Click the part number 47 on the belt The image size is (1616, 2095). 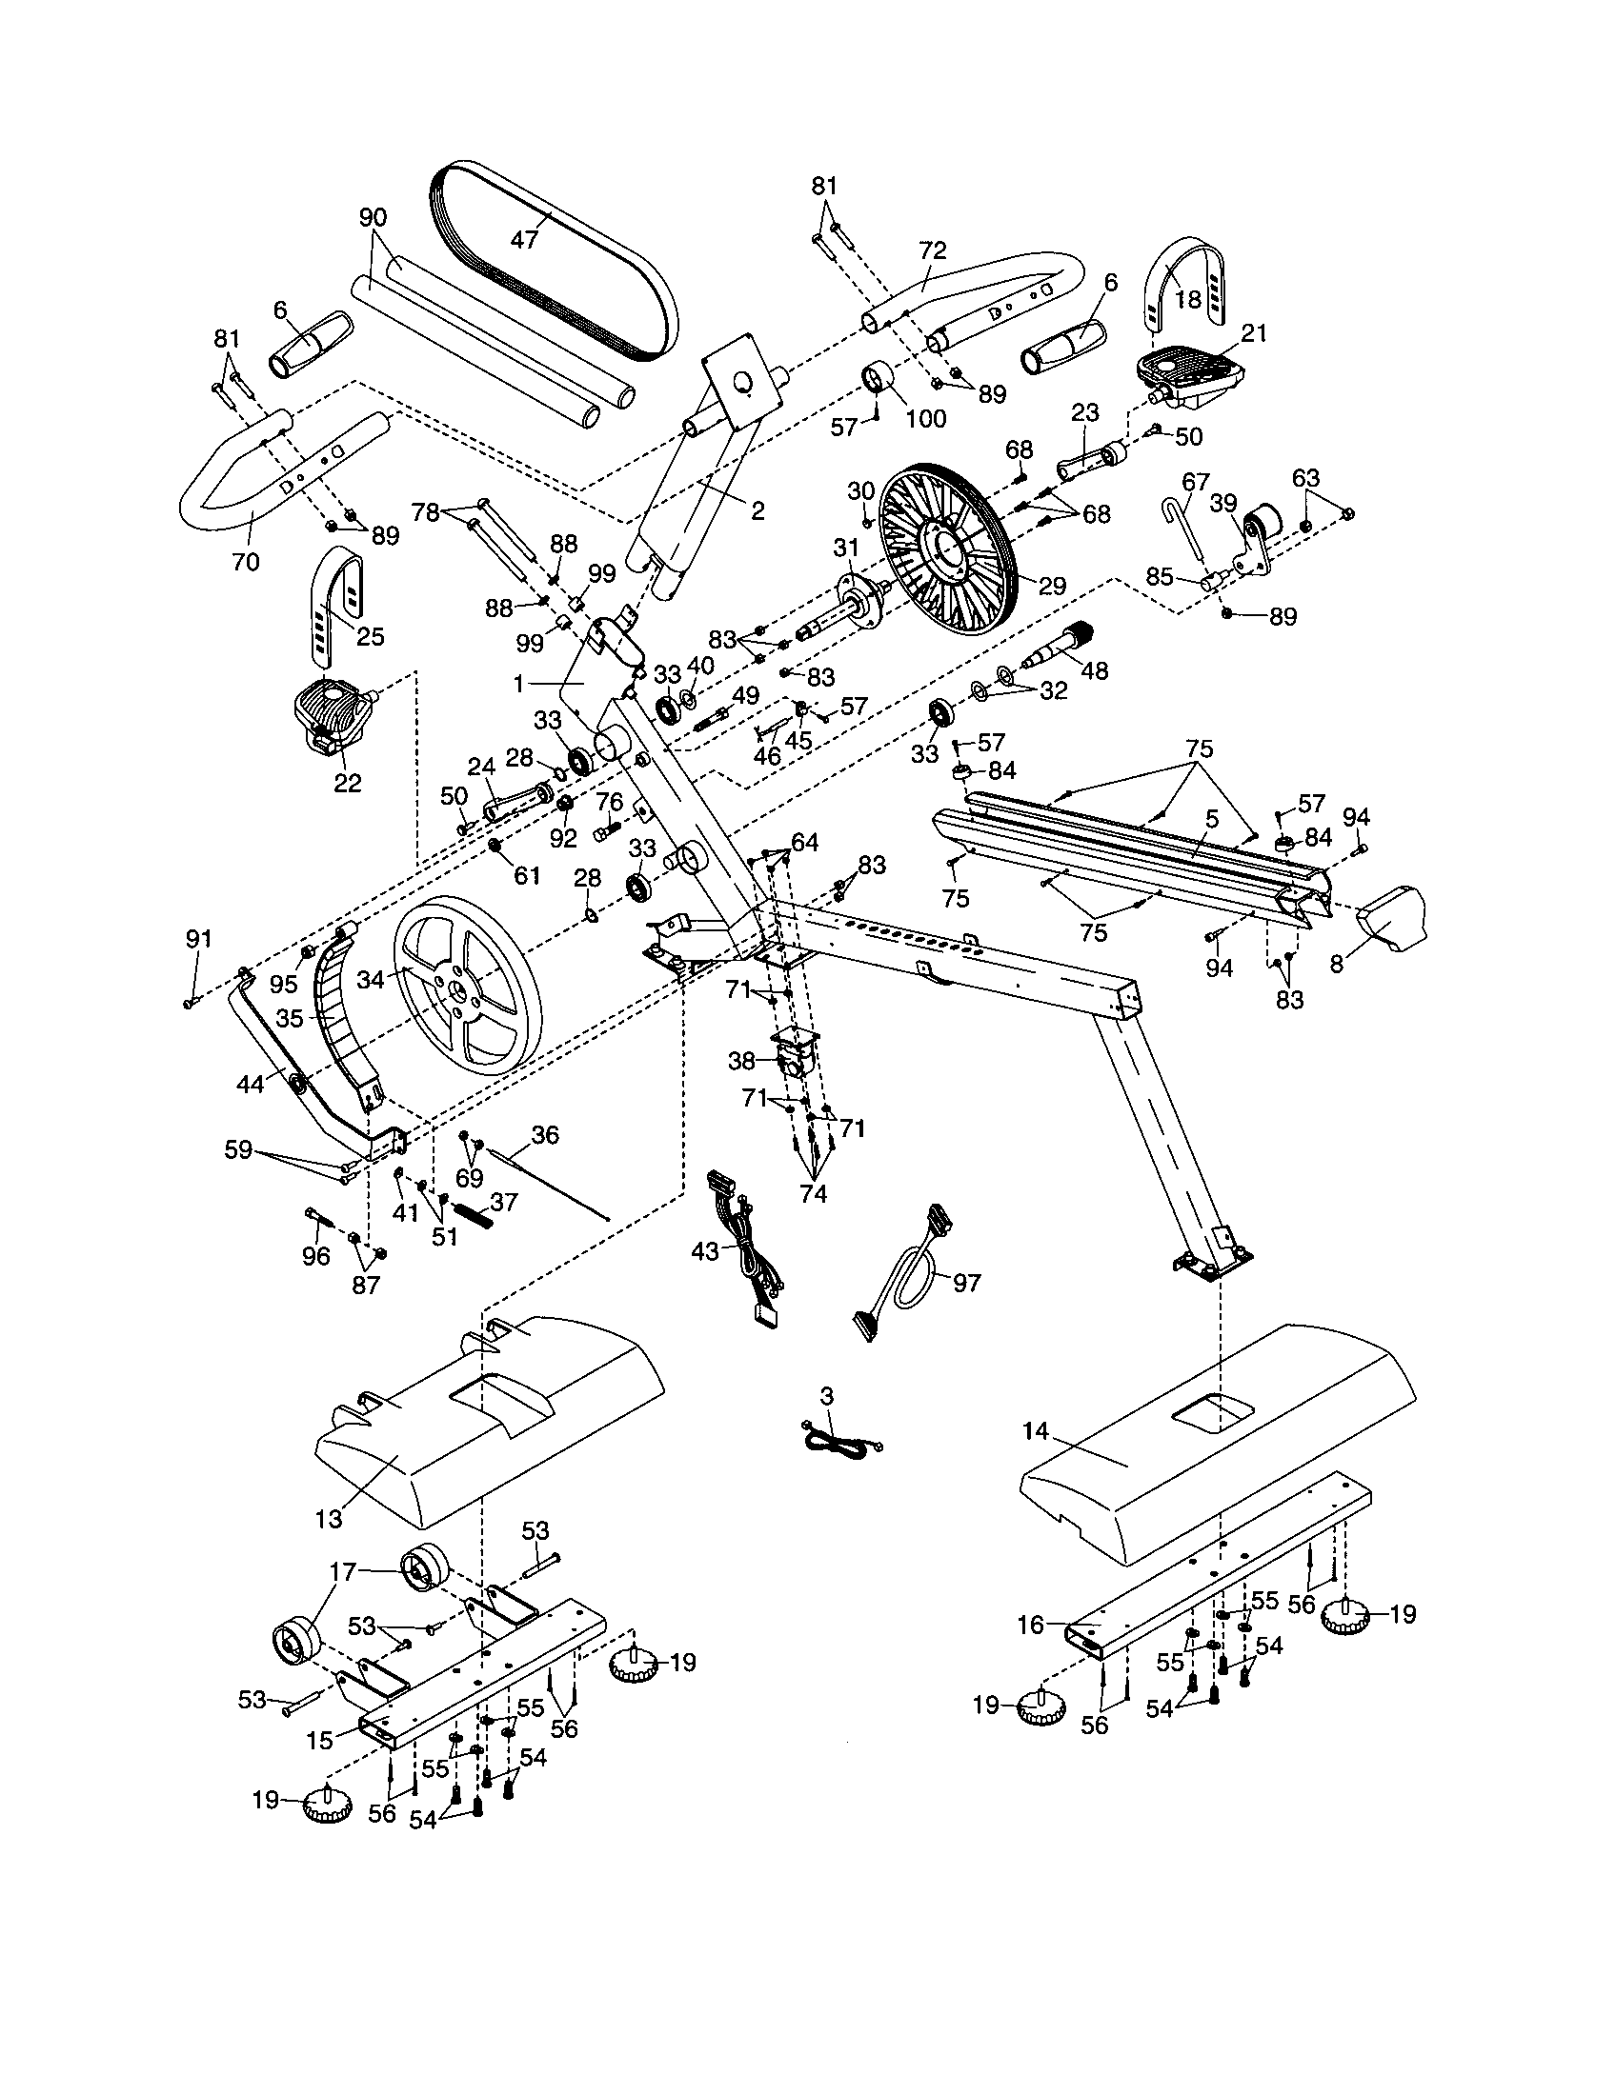[525, 239]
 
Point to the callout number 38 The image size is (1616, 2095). [742, 1060]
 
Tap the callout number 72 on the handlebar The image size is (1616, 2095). [932, 251]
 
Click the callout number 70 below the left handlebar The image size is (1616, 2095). [246, 562]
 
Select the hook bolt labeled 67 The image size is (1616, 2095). [1186, 532]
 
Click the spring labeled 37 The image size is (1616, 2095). [475, 1214]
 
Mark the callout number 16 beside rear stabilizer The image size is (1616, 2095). [1031, 1624]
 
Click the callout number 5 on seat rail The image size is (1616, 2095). [1211, 819]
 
